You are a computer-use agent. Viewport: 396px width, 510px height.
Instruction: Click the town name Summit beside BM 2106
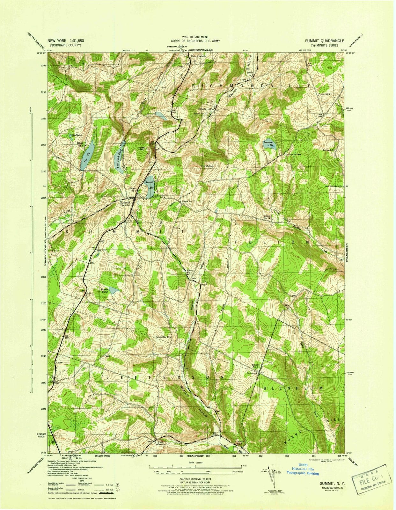(125, 202)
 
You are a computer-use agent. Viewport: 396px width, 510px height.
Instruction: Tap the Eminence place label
(252, 373)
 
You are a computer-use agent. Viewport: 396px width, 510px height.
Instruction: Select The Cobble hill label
(207, 166)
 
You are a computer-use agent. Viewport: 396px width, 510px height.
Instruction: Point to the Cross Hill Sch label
(325, 94)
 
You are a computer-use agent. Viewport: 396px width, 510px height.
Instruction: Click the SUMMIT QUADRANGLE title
(324, 41)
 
